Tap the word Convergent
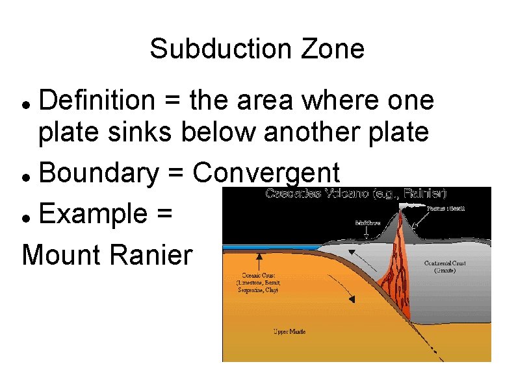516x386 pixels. click(x=266, y=174)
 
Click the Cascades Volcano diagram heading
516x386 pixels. click(x=356, y=193)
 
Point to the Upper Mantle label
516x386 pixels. click(x=289, y=332)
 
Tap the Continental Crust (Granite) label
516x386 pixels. click(x=444, y=267)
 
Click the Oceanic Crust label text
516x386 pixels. click(x=259, y=282)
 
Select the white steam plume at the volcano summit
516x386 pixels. click(x=410, y=208)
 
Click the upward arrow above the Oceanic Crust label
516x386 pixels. click(x=259, y=261)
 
